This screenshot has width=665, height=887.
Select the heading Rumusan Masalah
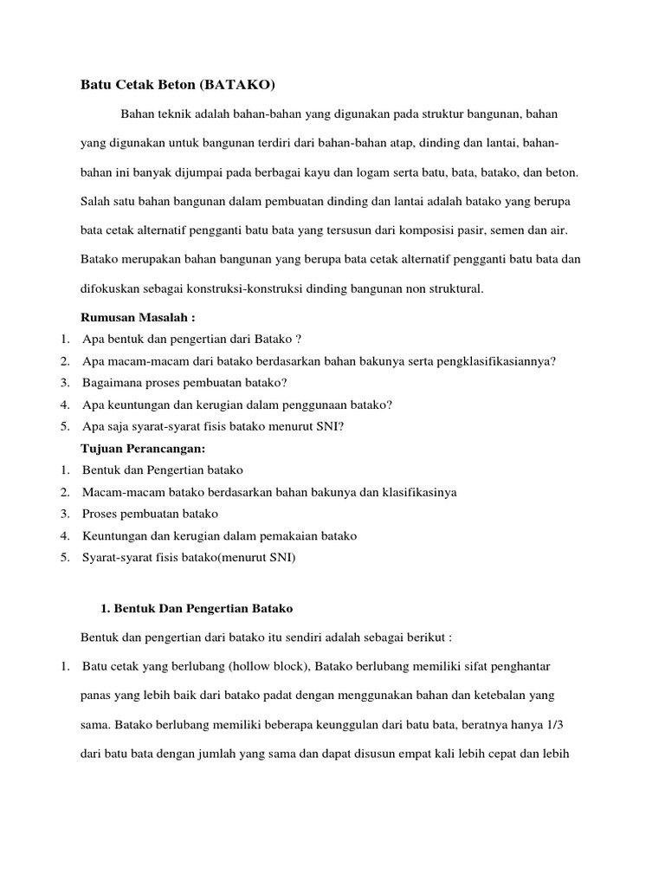(x=138, y=318)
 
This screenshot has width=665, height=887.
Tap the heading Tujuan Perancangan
(x=144, y=448)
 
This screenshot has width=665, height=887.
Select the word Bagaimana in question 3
(x=110, y=382)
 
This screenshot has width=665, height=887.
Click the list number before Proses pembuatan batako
(x=65, y=514)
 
